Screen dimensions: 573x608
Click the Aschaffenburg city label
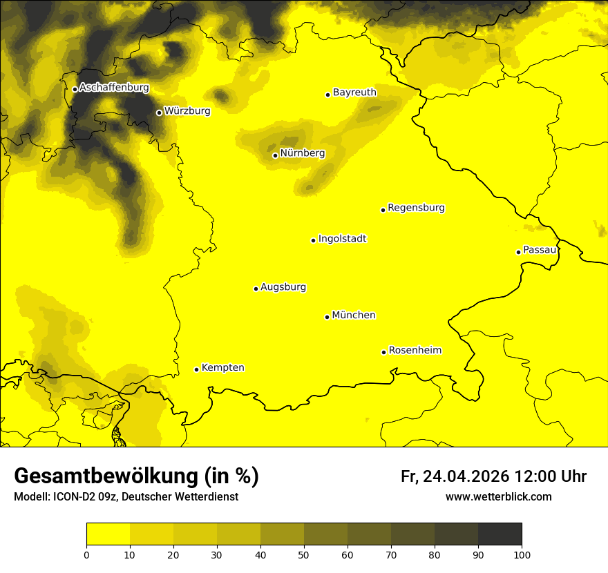[114, 88]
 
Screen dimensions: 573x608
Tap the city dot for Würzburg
[159, 113]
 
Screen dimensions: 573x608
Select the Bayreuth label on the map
[354, 92]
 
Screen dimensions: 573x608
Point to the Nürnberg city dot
[275, 155]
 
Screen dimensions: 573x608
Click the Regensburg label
[416, 207]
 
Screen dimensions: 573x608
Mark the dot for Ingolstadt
[313, 240]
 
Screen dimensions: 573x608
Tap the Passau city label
[540, 249]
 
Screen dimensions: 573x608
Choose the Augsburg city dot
[256, 289]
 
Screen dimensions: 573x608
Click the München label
[354, 315]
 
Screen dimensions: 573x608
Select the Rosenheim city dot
[383, 352]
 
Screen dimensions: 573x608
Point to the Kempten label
[222, 367]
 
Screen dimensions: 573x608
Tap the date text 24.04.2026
[466, 476]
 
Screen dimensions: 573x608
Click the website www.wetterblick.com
[498, 496]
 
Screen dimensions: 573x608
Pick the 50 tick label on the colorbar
[304, 554]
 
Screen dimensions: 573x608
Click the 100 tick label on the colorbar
[522, 554]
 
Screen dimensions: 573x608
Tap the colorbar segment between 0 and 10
[108, 534]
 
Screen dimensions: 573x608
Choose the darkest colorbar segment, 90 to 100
[500, 534]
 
